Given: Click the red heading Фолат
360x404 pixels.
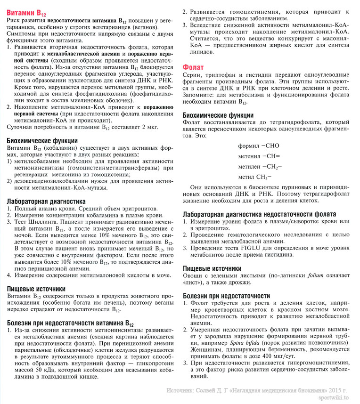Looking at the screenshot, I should (x=193, y=67).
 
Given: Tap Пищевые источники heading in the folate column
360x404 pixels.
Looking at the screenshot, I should (x=213, y=268).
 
